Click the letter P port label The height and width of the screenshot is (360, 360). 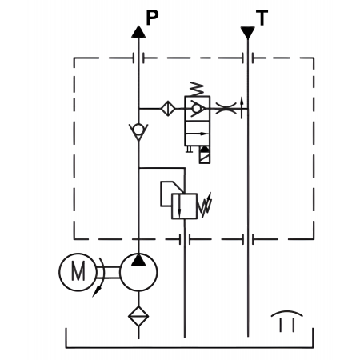coord(152,18)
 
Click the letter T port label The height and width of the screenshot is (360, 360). coord(262,18)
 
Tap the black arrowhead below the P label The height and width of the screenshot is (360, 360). coord(138,32)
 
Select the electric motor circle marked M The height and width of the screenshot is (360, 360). coord(78,272)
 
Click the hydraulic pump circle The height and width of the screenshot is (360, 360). coord(138,272)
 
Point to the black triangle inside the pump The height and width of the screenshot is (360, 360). coord(138,260)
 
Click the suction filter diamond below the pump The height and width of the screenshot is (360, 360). coord(138,316)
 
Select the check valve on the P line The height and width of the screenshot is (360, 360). coord(138,131)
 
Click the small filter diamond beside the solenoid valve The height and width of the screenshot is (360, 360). coord(168,108)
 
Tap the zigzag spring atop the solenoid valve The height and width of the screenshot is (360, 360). coord(197,90)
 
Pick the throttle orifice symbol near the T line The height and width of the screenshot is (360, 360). coord(226,108)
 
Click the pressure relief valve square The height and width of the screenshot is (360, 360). coord(184,206)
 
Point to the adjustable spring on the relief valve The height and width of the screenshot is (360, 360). coord(205,206)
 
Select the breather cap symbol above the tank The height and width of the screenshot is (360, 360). coord(287,321)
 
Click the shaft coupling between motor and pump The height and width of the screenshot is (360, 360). coord(108,272)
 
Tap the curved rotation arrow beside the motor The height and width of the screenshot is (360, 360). coord(98,278)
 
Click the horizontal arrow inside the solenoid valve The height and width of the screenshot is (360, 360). coord(197,134)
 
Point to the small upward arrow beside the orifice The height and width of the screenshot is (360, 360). coord(242,108)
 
